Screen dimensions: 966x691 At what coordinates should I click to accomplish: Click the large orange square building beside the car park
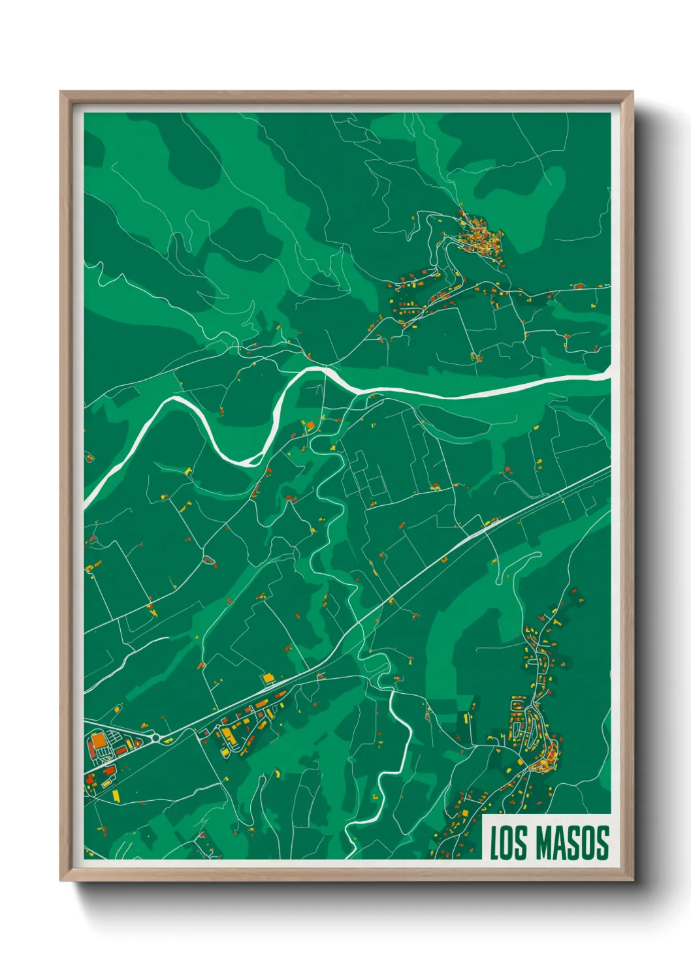tap(98, 741)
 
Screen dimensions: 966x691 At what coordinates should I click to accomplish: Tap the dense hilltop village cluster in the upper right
tap(480, 238)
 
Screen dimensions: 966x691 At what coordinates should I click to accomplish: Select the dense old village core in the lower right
tap(544, 758)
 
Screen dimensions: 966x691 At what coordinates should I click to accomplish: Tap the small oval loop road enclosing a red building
tap(209, 560)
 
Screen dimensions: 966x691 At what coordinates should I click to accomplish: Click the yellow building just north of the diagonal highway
tap(268, 679)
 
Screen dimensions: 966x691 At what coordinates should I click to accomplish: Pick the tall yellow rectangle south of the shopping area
tap(116, 795)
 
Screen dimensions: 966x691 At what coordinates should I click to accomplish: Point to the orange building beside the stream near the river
tap(310, 426)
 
